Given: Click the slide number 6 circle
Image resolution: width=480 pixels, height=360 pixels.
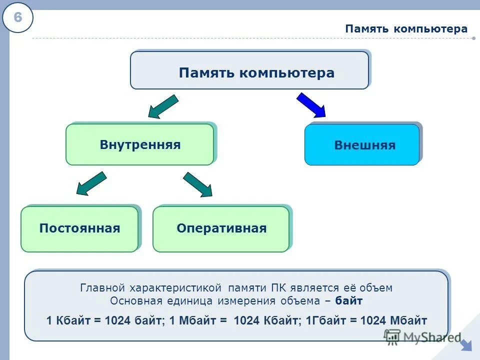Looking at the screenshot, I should pyautogui.click(x=17, y=18).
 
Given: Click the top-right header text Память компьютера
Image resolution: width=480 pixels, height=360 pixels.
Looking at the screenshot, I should pyautogui.click(x=406, y=29).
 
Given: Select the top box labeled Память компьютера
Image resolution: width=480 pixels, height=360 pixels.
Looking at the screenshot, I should pyautogui.click(x=249, y=71).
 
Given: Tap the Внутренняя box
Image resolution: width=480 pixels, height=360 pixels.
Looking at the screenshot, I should pyautogui.click(x=140, y=145).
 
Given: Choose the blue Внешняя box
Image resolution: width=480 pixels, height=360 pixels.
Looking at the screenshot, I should pyautogui.click(x=362, y=145).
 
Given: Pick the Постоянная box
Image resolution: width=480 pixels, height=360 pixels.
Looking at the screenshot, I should pyautogui.click(x=79, y=229).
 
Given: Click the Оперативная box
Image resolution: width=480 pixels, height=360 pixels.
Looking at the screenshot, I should pyautogui.click(x=221, y=229).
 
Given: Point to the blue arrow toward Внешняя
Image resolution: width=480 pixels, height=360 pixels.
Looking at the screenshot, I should pyautogui.click(x=311, y=104).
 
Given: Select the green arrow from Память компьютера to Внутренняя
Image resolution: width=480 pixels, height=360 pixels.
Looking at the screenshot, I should pyautogui.click(x=163, y=106).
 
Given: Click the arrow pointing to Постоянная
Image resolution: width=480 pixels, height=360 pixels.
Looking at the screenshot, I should pyautogui.click(x=90, y=183).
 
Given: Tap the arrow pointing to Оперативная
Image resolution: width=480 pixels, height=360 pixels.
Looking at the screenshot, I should pyautogui.click(x=198, y=184).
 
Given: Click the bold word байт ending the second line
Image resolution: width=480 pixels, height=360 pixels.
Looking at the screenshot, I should pyautogui.click(x=349, y=301).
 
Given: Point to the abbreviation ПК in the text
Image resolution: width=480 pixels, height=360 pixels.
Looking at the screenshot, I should pyautogui.click(x=278, y=288).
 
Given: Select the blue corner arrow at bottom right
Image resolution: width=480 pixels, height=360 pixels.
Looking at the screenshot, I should pyautogui.click(x=466, y=345).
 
